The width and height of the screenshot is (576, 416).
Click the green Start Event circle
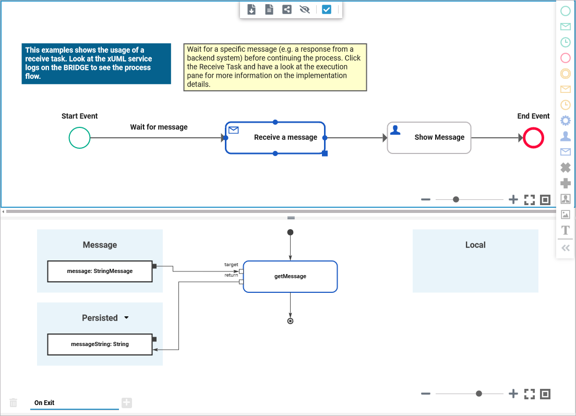point(80,138)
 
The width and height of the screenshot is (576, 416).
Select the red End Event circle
point(533,138)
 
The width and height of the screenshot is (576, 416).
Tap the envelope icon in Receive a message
point(234,130)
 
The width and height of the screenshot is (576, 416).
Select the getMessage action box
point(290,276)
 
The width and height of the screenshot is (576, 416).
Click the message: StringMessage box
point(100,271)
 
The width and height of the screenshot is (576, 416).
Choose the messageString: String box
point(100,344)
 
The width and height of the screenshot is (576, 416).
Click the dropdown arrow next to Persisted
point(126,318)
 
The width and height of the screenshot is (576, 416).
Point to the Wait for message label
point(159,127)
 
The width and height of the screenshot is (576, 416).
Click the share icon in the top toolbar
point(287,9)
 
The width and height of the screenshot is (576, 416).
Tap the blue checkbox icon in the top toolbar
point(327,9)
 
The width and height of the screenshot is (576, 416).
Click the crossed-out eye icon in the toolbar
point(305,9)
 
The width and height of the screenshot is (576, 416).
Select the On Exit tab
point(45,403)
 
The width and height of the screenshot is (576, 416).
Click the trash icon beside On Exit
point(14,403)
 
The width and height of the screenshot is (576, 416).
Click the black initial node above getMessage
point(290,232)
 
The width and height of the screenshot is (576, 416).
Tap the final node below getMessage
point(290,321)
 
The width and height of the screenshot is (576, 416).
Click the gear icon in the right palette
point(565,121)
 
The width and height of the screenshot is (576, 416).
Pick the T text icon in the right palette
point(565,230)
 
